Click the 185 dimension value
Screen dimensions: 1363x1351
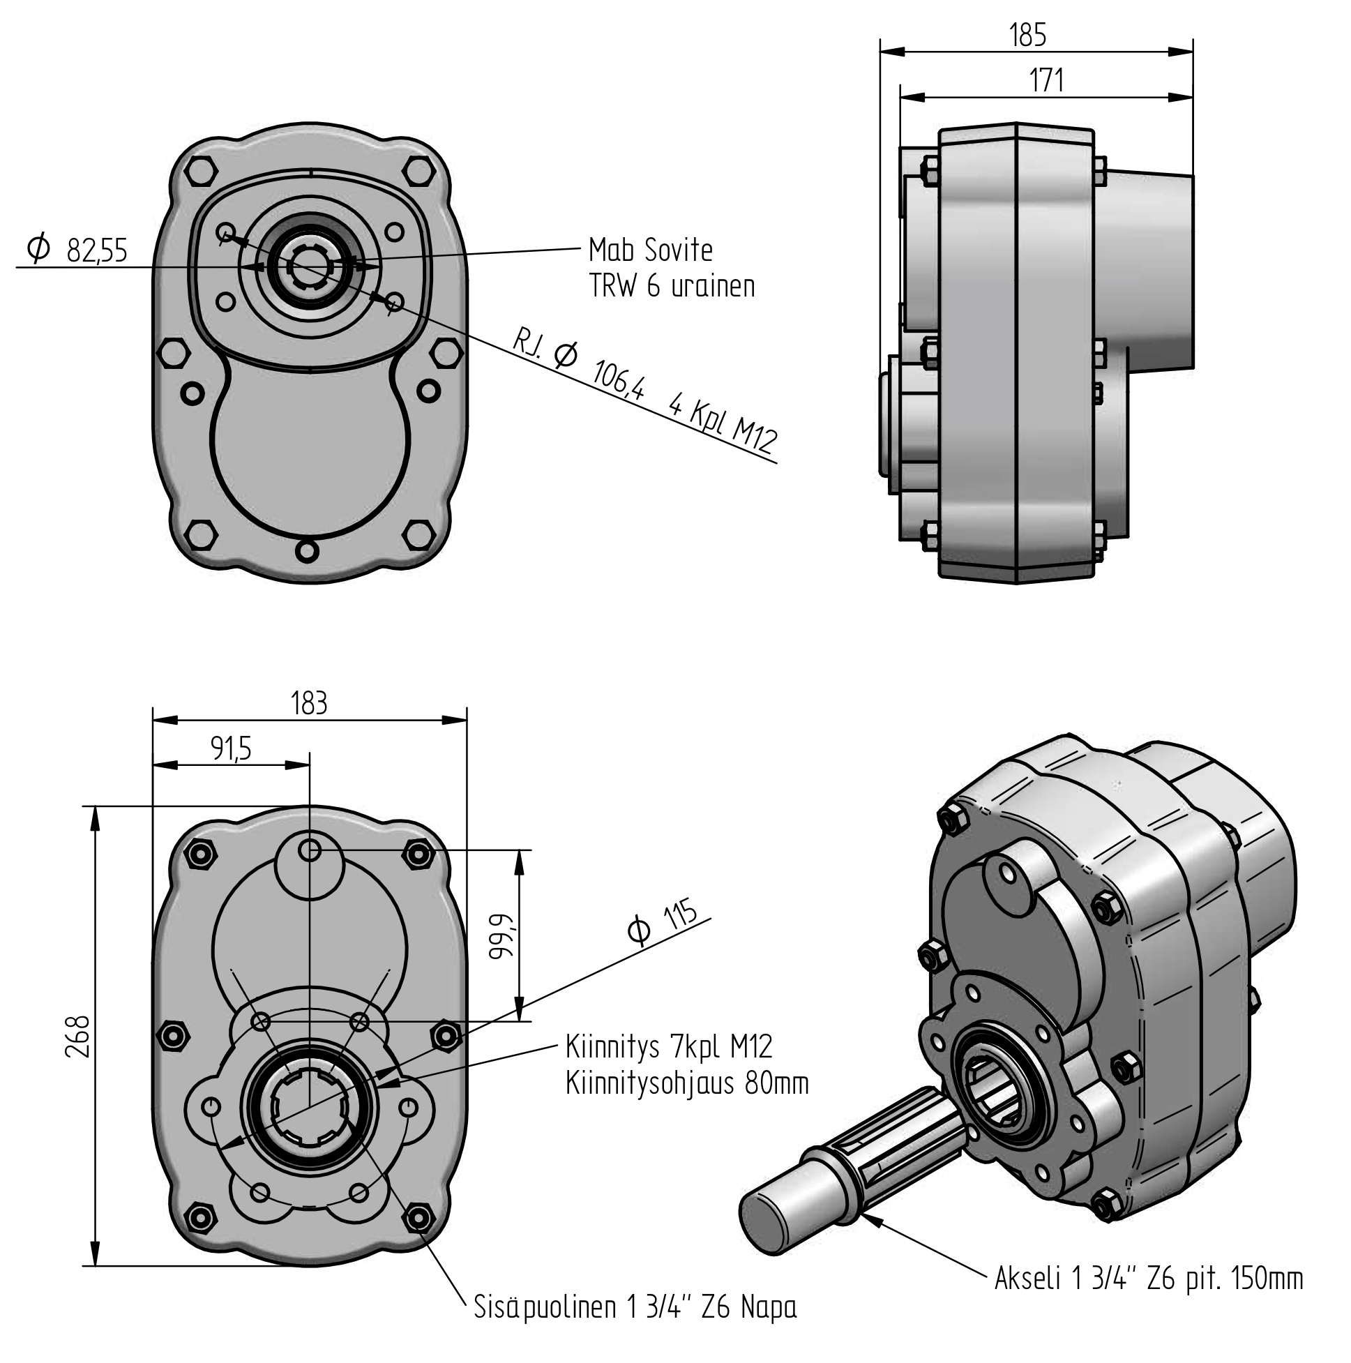[x=1027, y=36]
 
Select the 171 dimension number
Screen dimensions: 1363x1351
[x=1046, y=81]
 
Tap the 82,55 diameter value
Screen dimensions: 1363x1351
[x=97, y=251]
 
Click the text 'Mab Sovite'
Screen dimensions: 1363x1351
[x=651, y=250]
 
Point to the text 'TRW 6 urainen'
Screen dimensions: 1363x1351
[x=672, y=287]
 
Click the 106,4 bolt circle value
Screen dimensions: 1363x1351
[x=618, y=380]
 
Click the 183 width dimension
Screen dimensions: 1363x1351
[x=309, y=703]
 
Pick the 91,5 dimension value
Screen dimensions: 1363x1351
[x=231, y=748]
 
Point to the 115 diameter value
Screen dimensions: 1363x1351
[x=680, y=915]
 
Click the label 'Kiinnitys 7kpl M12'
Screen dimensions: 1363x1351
[x=669, y=1047]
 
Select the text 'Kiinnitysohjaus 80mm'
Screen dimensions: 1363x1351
[x=686, y=1083]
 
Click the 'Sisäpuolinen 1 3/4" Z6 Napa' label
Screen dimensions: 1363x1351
[x=635, y=1307]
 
